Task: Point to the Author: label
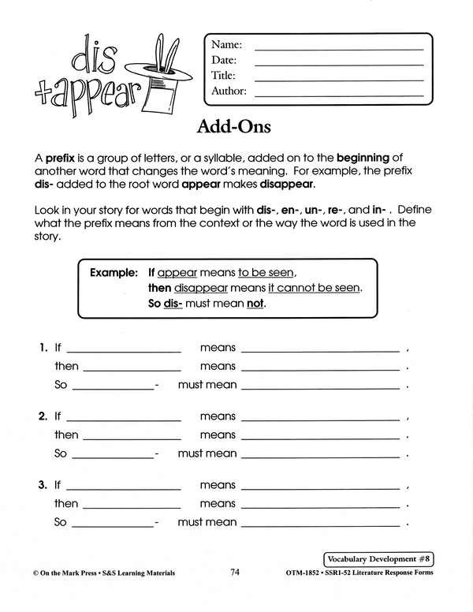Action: [229, 91]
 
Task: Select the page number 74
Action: [236, 573]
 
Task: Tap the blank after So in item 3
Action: [113, 524]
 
